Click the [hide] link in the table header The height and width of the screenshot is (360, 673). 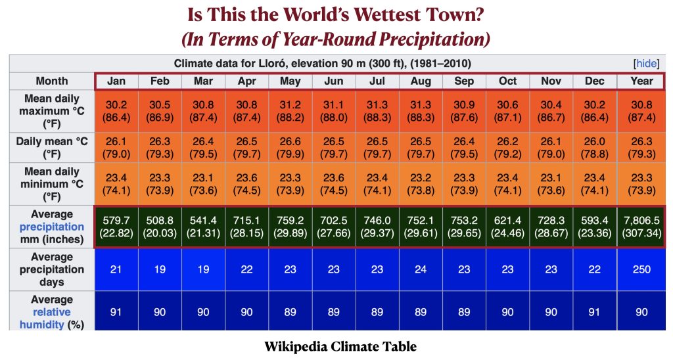coord(647,64)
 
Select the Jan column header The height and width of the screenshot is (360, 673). coord(116,81)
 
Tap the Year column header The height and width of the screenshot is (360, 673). coord(641,81)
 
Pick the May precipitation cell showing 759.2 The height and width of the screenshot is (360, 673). coord(290,227)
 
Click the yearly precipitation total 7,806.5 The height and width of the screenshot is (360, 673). coord(641,227)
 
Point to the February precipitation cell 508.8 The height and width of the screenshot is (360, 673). coord(160,227)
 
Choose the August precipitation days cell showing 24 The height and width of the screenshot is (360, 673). coord(421,269)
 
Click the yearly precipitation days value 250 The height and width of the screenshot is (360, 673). coord(641,269)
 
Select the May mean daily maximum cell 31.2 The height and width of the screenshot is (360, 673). coord(290,111)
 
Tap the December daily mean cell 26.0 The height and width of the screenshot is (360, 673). coord(594,147)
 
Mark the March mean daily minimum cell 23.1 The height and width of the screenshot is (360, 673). coord(204,184)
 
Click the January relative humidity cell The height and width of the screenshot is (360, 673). coord(116,312)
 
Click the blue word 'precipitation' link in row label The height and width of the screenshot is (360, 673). coord(52,227)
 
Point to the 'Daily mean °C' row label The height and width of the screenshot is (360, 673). coord(52,147)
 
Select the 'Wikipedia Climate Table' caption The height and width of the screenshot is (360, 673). coord(340,346)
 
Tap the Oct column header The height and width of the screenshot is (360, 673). coord(507,81)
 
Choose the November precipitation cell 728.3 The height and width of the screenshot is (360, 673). coord(551,227)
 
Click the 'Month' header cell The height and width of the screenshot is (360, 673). coord(52,81)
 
